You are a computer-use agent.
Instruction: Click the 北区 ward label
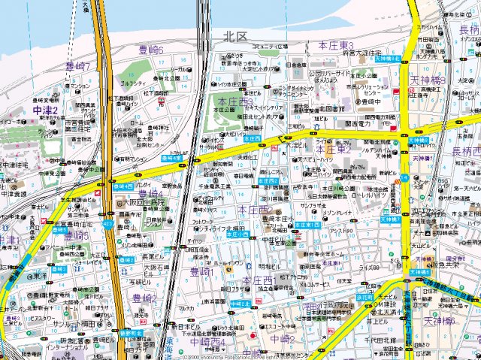click(x=235, y=35)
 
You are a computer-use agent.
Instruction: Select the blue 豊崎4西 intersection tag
click(x=123, y=185)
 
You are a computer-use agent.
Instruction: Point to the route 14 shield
click(x=404, y=178)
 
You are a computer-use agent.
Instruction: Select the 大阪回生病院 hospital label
click(x=146, y=202)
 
